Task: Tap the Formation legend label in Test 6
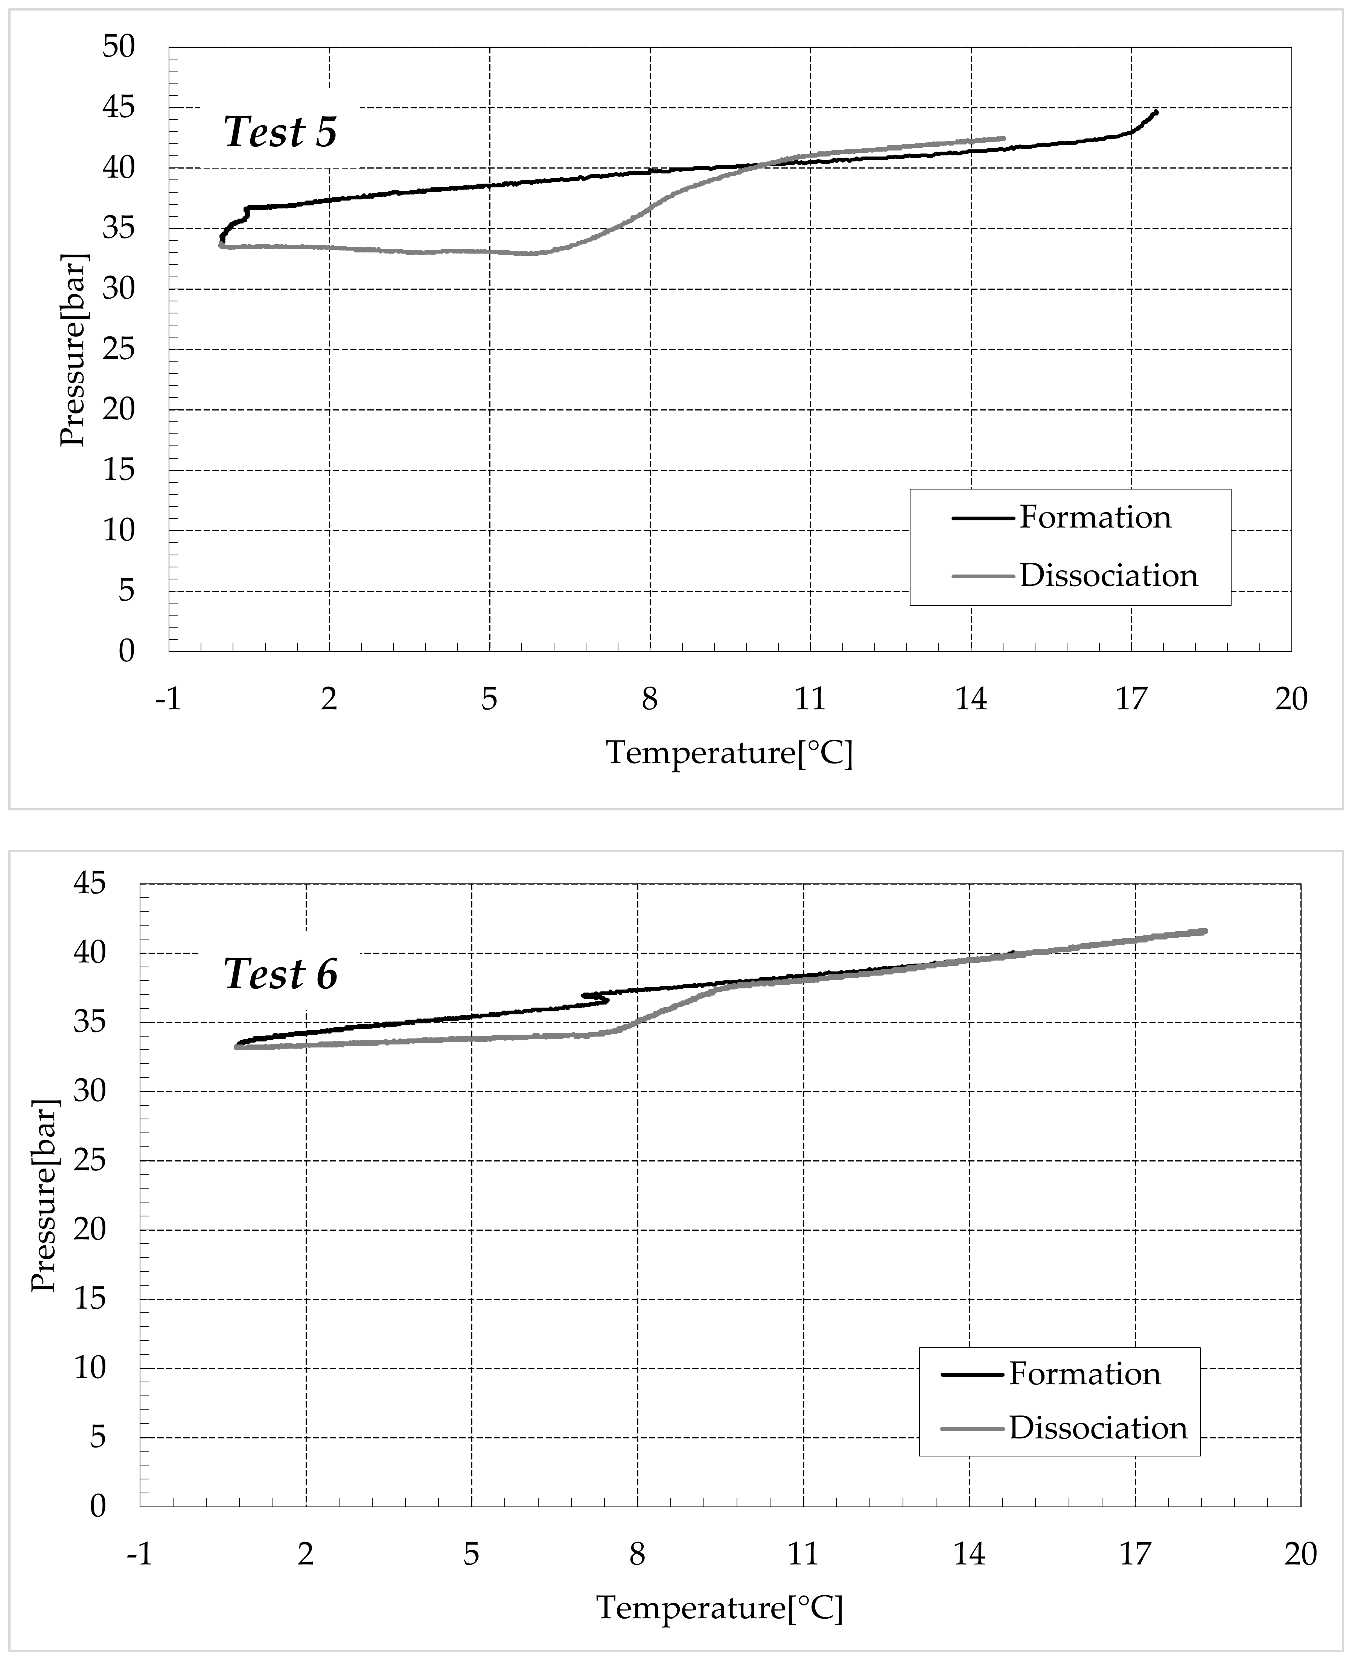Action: tap(1085, 1374)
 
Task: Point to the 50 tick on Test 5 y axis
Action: tap(119, 47)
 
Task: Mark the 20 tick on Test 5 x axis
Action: tap(1291, 699)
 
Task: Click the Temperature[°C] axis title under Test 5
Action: tap(730, 753)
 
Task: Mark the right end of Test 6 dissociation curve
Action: tap(1206, 930)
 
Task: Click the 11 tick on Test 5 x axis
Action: tap(810, 699)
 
